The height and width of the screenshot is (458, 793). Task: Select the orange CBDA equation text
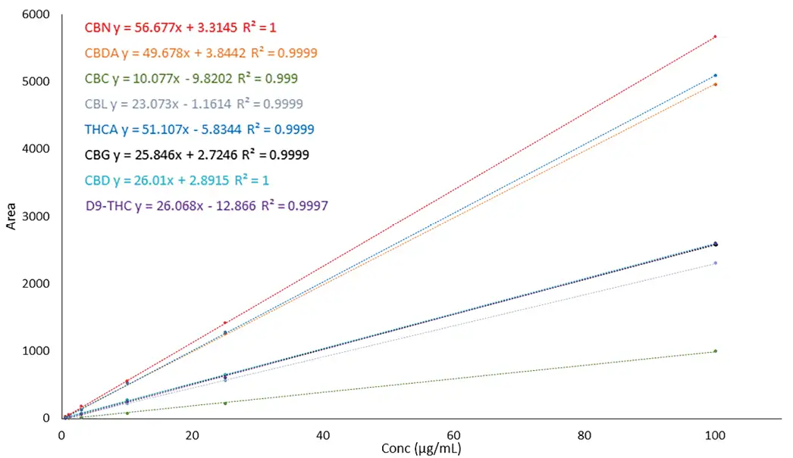[x=200, y=53]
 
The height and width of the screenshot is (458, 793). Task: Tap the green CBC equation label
[x=190, y=78]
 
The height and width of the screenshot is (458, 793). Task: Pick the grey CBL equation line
[x=195, y=104]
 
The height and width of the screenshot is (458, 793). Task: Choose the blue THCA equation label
[x=199, y=129]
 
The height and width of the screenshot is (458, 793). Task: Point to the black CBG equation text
[x=196, y=155]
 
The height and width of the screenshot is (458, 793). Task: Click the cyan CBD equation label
[x=177, y=180]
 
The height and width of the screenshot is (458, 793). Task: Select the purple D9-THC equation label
[x=207, y=205]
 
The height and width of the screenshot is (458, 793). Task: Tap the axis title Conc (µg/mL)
[x=422, y=449]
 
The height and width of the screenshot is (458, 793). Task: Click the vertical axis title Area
[x=11, y=216]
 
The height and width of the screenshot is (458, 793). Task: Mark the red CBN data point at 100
[x=715, y=36]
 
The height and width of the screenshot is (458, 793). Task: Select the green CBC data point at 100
[x=715, y=351]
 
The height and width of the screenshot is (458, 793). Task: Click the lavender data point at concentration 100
[x=715, y=263]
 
